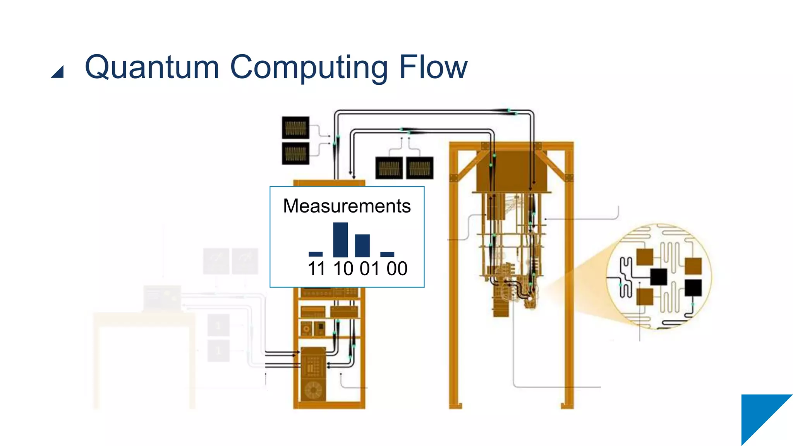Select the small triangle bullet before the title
coord(58,72)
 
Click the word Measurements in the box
coord(347,206)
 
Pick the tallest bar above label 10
coord(340,240)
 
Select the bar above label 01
coord(362,245)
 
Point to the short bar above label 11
coord(316,254)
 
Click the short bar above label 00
coord(387,254)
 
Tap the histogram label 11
coord(316,269)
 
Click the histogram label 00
coord(397,269)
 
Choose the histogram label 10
coord(343,269)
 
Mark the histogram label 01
coord(370,269)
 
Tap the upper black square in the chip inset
coord(658,276)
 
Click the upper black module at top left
coord(295,127)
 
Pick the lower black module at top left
coord(295,153)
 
